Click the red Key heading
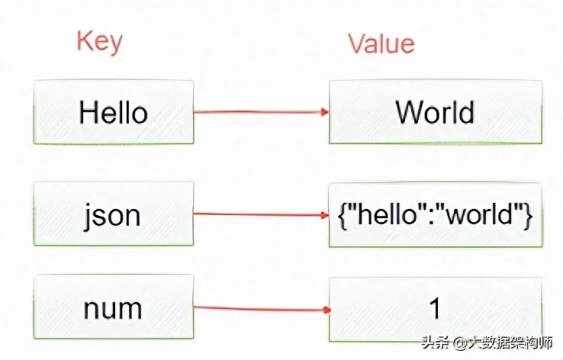(x=98, y=41)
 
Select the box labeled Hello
(x=113, y=113)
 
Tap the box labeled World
(x=435, y=113)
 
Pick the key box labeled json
(x=113, y=214)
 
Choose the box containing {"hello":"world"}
(x=435, y=214)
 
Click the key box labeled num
(x=113, y=309)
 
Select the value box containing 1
(x=435, y=309)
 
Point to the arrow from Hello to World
(x=259, y=113)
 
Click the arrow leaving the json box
(x=259, y=214)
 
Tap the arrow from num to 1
(x=259, y=310)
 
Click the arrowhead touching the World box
(x=325, y=113)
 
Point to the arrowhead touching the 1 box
(x=325, y=310)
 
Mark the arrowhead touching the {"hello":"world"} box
(x=325, y=215)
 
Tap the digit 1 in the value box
(x=435, y=309)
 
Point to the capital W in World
(x=407, y=113)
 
